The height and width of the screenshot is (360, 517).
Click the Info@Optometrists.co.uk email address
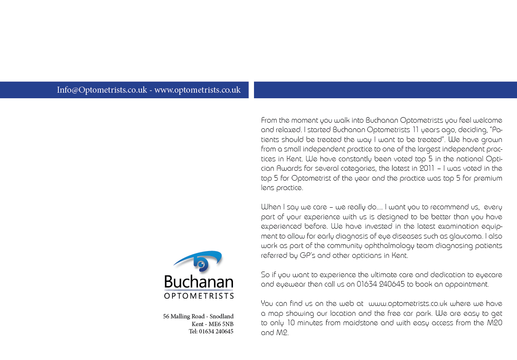pos(102,90)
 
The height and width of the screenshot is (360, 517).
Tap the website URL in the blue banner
pos(197,90)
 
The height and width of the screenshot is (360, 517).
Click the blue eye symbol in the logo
pos(200,262)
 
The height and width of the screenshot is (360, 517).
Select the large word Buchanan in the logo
pos(199,282)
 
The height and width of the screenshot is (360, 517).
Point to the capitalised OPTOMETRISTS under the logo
pos(199,296)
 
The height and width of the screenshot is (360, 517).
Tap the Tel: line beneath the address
pos(211,331)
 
